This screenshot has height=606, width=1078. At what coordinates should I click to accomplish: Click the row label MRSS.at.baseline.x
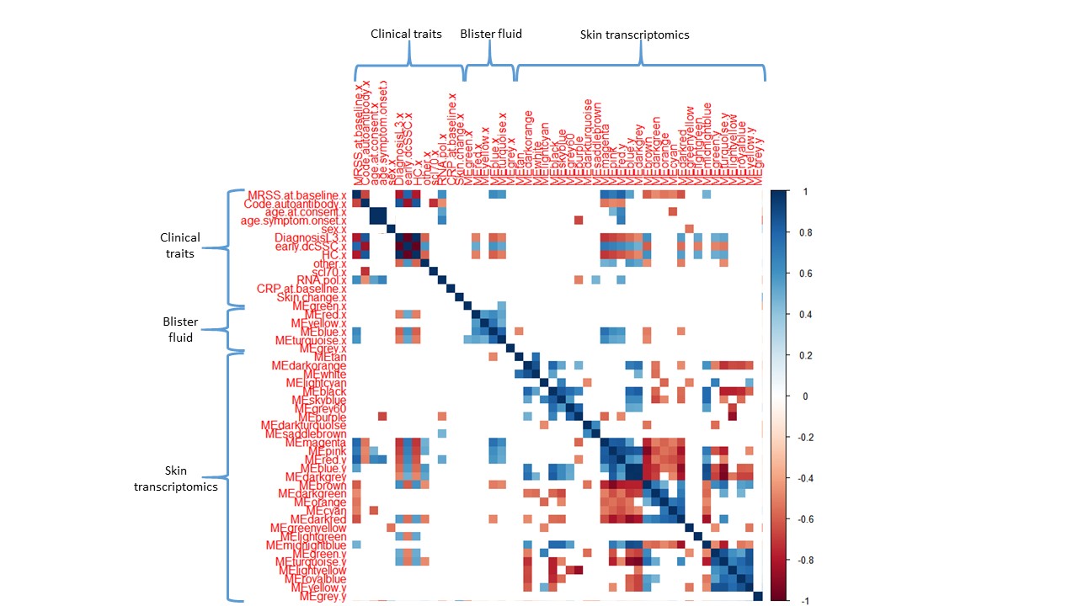296,195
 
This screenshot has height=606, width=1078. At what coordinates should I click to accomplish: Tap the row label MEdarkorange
309,366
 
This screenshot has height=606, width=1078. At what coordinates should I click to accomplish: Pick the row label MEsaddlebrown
306,434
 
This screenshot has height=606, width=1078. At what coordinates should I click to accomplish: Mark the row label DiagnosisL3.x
310,238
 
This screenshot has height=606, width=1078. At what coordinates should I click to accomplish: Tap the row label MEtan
330,357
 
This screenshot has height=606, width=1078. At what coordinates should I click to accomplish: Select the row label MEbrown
323,486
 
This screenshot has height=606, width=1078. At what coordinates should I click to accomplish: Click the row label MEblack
325,391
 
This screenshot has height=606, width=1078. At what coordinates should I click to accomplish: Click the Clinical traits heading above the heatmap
406,35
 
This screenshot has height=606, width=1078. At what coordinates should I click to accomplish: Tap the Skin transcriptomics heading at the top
635,35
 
